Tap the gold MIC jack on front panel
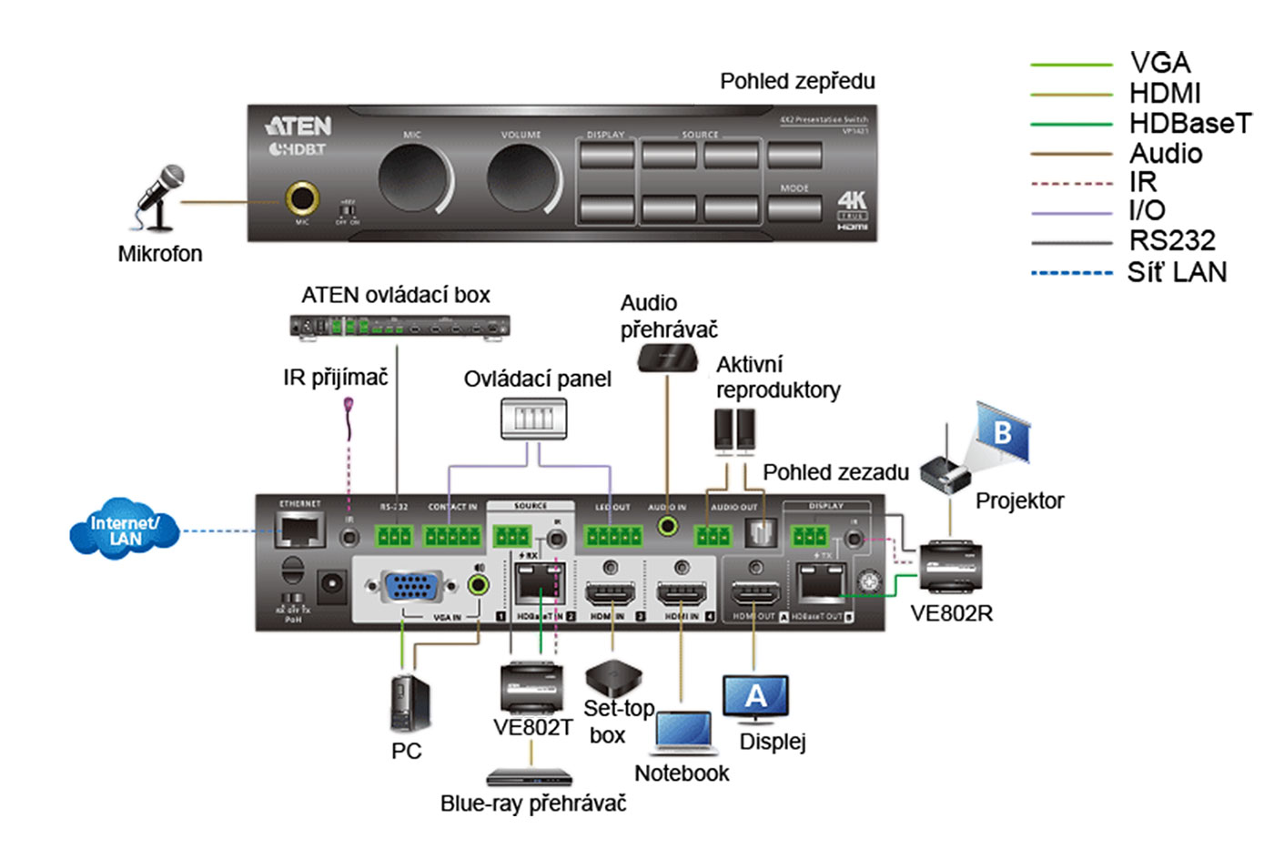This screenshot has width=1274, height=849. coord(302,197)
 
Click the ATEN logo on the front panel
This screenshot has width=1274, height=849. coord(298,126)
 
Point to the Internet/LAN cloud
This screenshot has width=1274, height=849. coord(125,530)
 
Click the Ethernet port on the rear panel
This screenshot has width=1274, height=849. coord(300,529)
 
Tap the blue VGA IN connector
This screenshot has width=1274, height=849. coord(413,587)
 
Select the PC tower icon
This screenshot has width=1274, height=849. coord(409,703)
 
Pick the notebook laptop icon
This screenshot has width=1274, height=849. coord(683,733)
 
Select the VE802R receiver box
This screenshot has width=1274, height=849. coord(951,569)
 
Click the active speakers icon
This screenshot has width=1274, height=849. coord(734,430)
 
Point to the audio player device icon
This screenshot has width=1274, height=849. coord(667,359)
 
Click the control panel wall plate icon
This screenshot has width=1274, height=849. coord(533,419)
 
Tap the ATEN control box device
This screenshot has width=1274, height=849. coord(399,327)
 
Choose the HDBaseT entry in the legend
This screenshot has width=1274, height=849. coord(1189,123)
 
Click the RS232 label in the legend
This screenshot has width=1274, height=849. coord(1171,240)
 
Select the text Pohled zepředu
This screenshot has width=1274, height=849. coord(797,81)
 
